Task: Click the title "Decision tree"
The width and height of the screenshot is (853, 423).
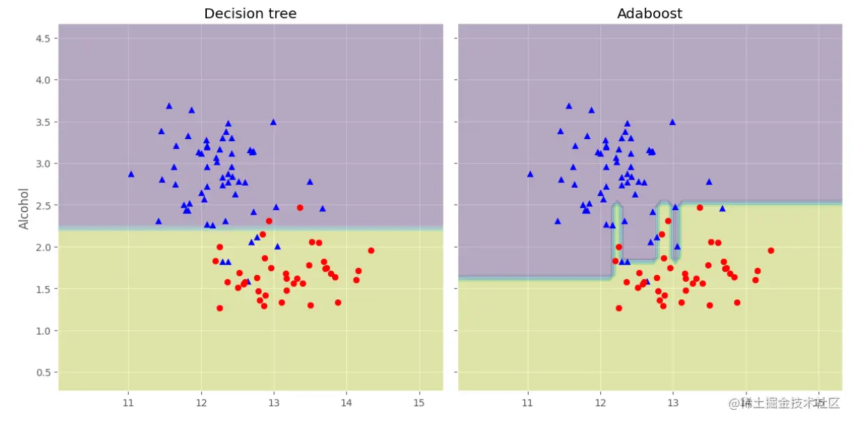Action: (250, 14)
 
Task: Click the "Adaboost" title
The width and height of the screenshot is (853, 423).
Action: (649, 14)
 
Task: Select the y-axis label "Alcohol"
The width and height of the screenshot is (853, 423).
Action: (24, 209)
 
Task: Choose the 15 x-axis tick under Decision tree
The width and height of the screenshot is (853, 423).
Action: (419, 403)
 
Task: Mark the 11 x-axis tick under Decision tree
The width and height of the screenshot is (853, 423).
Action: (128, 403)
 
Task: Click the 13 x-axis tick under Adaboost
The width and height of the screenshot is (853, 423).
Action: (673, 403)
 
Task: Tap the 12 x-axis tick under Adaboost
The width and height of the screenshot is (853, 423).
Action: (600, 403)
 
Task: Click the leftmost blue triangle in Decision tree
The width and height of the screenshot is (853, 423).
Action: (131, 174)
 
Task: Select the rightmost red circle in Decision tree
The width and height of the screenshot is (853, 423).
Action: (371, 250)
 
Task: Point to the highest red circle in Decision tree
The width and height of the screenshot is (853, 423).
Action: (300, 207)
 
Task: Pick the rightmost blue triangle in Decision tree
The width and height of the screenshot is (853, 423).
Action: (322, 208)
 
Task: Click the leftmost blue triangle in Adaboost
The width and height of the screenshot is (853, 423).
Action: (530, 174)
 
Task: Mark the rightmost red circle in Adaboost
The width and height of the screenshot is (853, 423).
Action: (771, 250)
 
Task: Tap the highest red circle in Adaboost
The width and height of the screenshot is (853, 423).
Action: (700, 207)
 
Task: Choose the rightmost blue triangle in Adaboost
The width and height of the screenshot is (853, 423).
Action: (722, 208)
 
